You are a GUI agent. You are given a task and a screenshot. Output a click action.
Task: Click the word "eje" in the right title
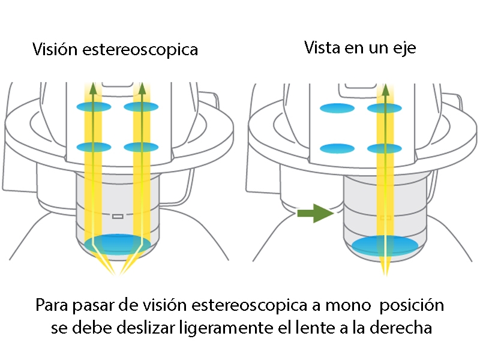pyautogui.click(x=404, y=48)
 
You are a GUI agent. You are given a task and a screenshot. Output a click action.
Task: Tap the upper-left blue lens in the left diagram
pyautogui.click(x=93, y=107)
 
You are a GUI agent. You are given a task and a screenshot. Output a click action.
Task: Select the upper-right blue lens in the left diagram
pyautogui.click(x=141, y=107)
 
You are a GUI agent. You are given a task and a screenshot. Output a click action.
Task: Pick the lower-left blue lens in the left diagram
pyautogui.click(x=93, y=146)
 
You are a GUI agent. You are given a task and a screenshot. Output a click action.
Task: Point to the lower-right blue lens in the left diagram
pyautogui.click(x=141, y=146)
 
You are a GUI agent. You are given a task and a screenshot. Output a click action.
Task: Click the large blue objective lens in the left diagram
pyautogui.click(x=117, y=244)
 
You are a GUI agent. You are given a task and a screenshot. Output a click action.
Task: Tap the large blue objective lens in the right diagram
pyautogui.click(x=385, y=244)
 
